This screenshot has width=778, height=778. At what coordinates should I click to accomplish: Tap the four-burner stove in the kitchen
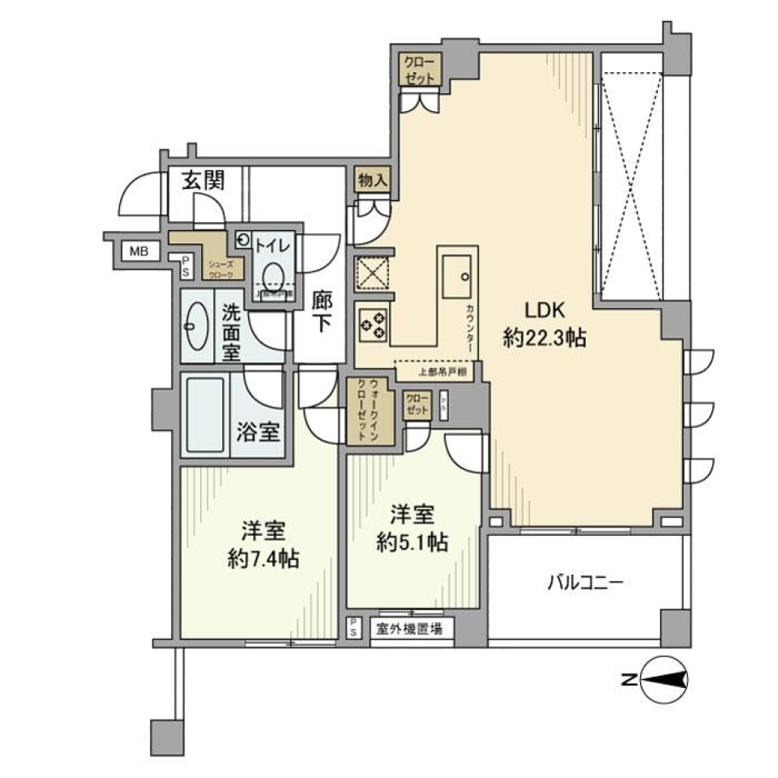pos(373,324)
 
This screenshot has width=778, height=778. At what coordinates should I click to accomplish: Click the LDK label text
pos(532,310)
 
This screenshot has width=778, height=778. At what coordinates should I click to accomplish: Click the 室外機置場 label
pos(409,628)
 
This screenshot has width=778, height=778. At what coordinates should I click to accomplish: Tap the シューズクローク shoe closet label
pos(221,269)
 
